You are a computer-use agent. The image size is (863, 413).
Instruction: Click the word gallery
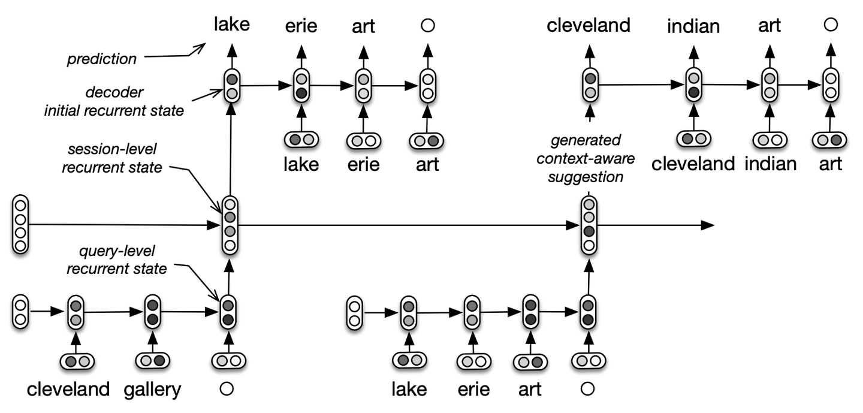coord(152,390)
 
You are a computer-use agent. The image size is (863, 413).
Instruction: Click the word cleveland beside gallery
coord(68,390)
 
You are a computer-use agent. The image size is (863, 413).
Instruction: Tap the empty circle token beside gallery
coord(227,389)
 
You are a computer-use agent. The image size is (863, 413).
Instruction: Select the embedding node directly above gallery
coord(152,361)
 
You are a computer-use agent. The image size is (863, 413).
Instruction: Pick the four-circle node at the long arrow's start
coord(21,225)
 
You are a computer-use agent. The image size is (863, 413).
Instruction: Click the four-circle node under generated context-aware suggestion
coord(589,225)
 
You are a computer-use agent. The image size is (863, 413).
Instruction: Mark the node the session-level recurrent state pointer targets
coord(229,225)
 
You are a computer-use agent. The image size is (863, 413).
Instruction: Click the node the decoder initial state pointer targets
coord(232,86)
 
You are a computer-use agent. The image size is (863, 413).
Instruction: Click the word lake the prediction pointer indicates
coord(231,24)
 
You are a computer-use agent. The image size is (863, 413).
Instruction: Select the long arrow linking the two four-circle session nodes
coord(402,225)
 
